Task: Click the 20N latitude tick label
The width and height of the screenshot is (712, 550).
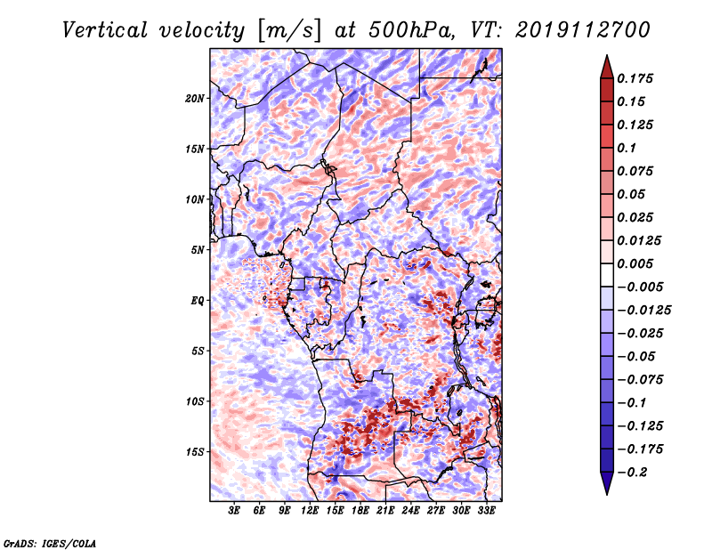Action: (195, 99)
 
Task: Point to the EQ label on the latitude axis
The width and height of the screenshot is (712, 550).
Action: (198, 301)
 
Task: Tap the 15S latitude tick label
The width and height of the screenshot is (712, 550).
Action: (195, 452)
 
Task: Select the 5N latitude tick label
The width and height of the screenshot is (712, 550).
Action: (198, 250)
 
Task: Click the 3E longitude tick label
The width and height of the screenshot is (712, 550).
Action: (234, 511)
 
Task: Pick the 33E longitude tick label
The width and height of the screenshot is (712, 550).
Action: (486, 511)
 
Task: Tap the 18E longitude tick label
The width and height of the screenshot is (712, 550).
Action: (360, 511)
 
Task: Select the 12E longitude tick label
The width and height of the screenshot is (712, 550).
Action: (310, 511)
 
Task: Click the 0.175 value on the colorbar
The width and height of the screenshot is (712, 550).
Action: (635, 78)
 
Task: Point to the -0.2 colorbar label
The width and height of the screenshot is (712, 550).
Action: (632, 473)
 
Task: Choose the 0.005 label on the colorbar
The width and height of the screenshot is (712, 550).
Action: (635, 263)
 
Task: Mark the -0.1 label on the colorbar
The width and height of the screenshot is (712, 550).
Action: (632, 403)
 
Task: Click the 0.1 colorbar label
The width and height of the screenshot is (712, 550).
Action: (627, 148)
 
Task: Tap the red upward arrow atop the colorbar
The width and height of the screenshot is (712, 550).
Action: (607, 67)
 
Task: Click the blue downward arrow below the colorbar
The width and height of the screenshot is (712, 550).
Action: (607, 483)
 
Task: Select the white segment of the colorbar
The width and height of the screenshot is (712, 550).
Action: (607, 275)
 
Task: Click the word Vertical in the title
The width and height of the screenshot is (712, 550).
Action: (105, 30)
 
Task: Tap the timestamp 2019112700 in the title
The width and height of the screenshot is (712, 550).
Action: (583, 30)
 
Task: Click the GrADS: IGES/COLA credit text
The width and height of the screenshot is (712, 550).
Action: (50, 544)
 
